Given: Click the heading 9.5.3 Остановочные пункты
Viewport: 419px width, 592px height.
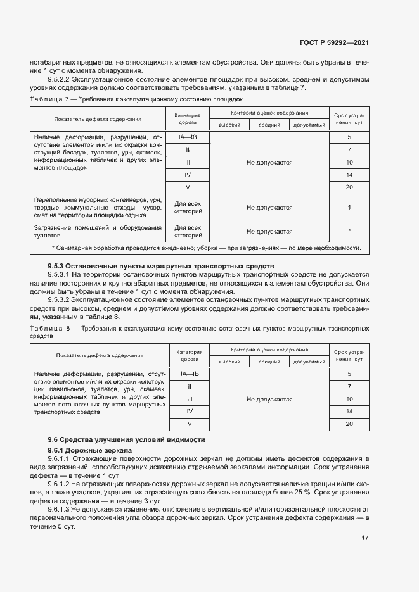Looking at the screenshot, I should pyautogui.click(x=161, y=267).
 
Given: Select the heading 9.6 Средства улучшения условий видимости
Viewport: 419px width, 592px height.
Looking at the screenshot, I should pyautogui.click(x=127, y=439).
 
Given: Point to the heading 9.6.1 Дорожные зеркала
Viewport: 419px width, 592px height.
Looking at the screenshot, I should pyautogui.click(x=90, y=450).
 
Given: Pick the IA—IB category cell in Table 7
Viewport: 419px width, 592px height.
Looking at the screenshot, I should pyautogui.click(x=188, y=137).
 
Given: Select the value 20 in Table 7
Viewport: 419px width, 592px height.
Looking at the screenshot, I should pyautogui.click(x=349, y=187).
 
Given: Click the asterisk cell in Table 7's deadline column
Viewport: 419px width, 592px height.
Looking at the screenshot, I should pyautogui.click(x=349, y=232).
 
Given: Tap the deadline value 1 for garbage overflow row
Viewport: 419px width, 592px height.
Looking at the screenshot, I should pyautogui.click(x=349, y=208).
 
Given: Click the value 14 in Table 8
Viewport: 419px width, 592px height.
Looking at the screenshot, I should pyautogui.click(x=349, y=412).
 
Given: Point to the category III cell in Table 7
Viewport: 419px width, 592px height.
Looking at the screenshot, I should pyautogui.click(x=188, y=163).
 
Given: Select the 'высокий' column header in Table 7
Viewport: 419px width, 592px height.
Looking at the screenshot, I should pyautogui.click(x=229, y=125).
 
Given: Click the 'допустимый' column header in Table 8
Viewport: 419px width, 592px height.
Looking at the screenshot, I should pyautogui.click(x=309, y=362).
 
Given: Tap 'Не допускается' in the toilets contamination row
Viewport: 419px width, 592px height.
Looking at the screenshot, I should pyautogui.click(x=269, y=232).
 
